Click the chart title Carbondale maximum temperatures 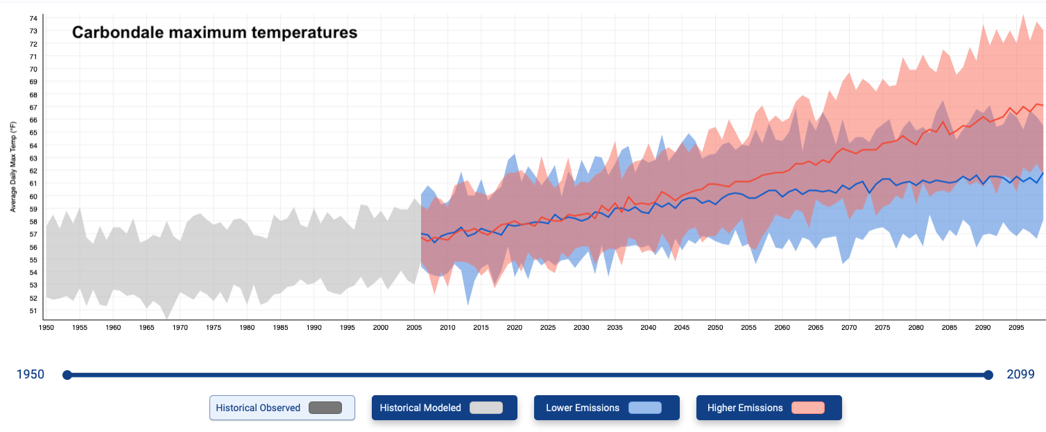click(215, 32)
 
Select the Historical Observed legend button click(282, 408)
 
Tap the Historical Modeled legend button click(444, 408)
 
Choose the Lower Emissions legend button click(606, 408)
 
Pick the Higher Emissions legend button click(769, 408)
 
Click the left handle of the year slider click(67, 375)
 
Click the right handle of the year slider click(988, 375)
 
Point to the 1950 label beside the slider click(31, 375)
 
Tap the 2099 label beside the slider click(1020, 375)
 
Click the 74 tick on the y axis click(33, 18)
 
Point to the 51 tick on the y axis click(33, 310)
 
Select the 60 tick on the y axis click(33, 196)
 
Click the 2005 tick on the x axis click(414, 327)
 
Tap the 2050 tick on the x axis click(715, 327)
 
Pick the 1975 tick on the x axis click(214, 327)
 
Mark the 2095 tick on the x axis click(1016, 327)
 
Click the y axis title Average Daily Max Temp click(13, 167)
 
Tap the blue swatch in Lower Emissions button click(644, 408)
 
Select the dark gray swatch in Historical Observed click(325, 408)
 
